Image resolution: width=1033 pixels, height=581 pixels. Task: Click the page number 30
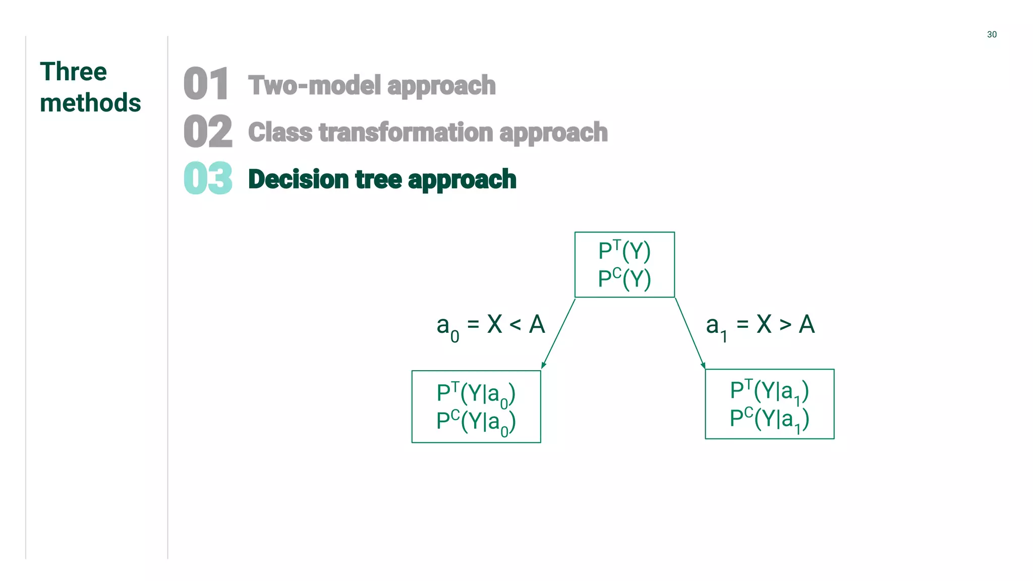(x=992, y=34)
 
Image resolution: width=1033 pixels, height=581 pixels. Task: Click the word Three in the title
(x=73, y=72)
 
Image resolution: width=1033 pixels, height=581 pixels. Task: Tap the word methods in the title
(x=90, y=103)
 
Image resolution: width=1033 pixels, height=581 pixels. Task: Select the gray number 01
(x=206, y=84)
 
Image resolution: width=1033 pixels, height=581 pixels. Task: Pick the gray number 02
(x=208, y=131)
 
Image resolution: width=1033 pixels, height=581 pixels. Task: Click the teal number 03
(x=208, y=179)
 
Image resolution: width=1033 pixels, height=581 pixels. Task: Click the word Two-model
(x=314, y=85)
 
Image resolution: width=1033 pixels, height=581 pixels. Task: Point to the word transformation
(x=406, y=132)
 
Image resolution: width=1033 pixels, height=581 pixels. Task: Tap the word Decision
(x=299, y=180)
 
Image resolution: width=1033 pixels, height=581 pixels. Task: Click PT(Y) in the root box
(x=624, y=251)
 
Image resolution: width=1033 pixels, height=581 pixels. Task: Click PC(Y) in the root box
(x=624, y=278)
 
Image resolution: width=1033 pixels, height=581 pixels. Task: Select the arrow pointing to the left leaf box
(x=558, y=333)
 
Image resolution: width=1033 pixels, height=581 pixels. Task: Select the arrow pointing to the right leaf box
(x=690, y=333)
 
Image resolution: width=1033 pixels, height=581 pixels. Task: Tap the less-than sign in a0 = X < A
(x=515, y=325)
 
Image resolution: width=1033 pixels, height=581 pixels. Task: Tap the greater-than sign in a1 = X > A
(x=785, y=325)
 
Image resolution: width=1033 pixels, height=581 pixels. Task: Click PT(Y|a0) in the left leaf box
(x=476, y=393)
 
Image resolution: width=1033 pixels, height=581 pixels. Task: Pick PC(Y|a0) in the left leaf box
(x=476, y=422)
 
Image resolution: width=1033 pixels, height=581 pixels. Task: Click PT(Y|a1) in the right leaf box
(x=769, y=391)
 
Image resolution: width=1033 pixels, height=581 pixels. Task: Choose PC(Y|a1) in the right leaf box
(x=769, y=419)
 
